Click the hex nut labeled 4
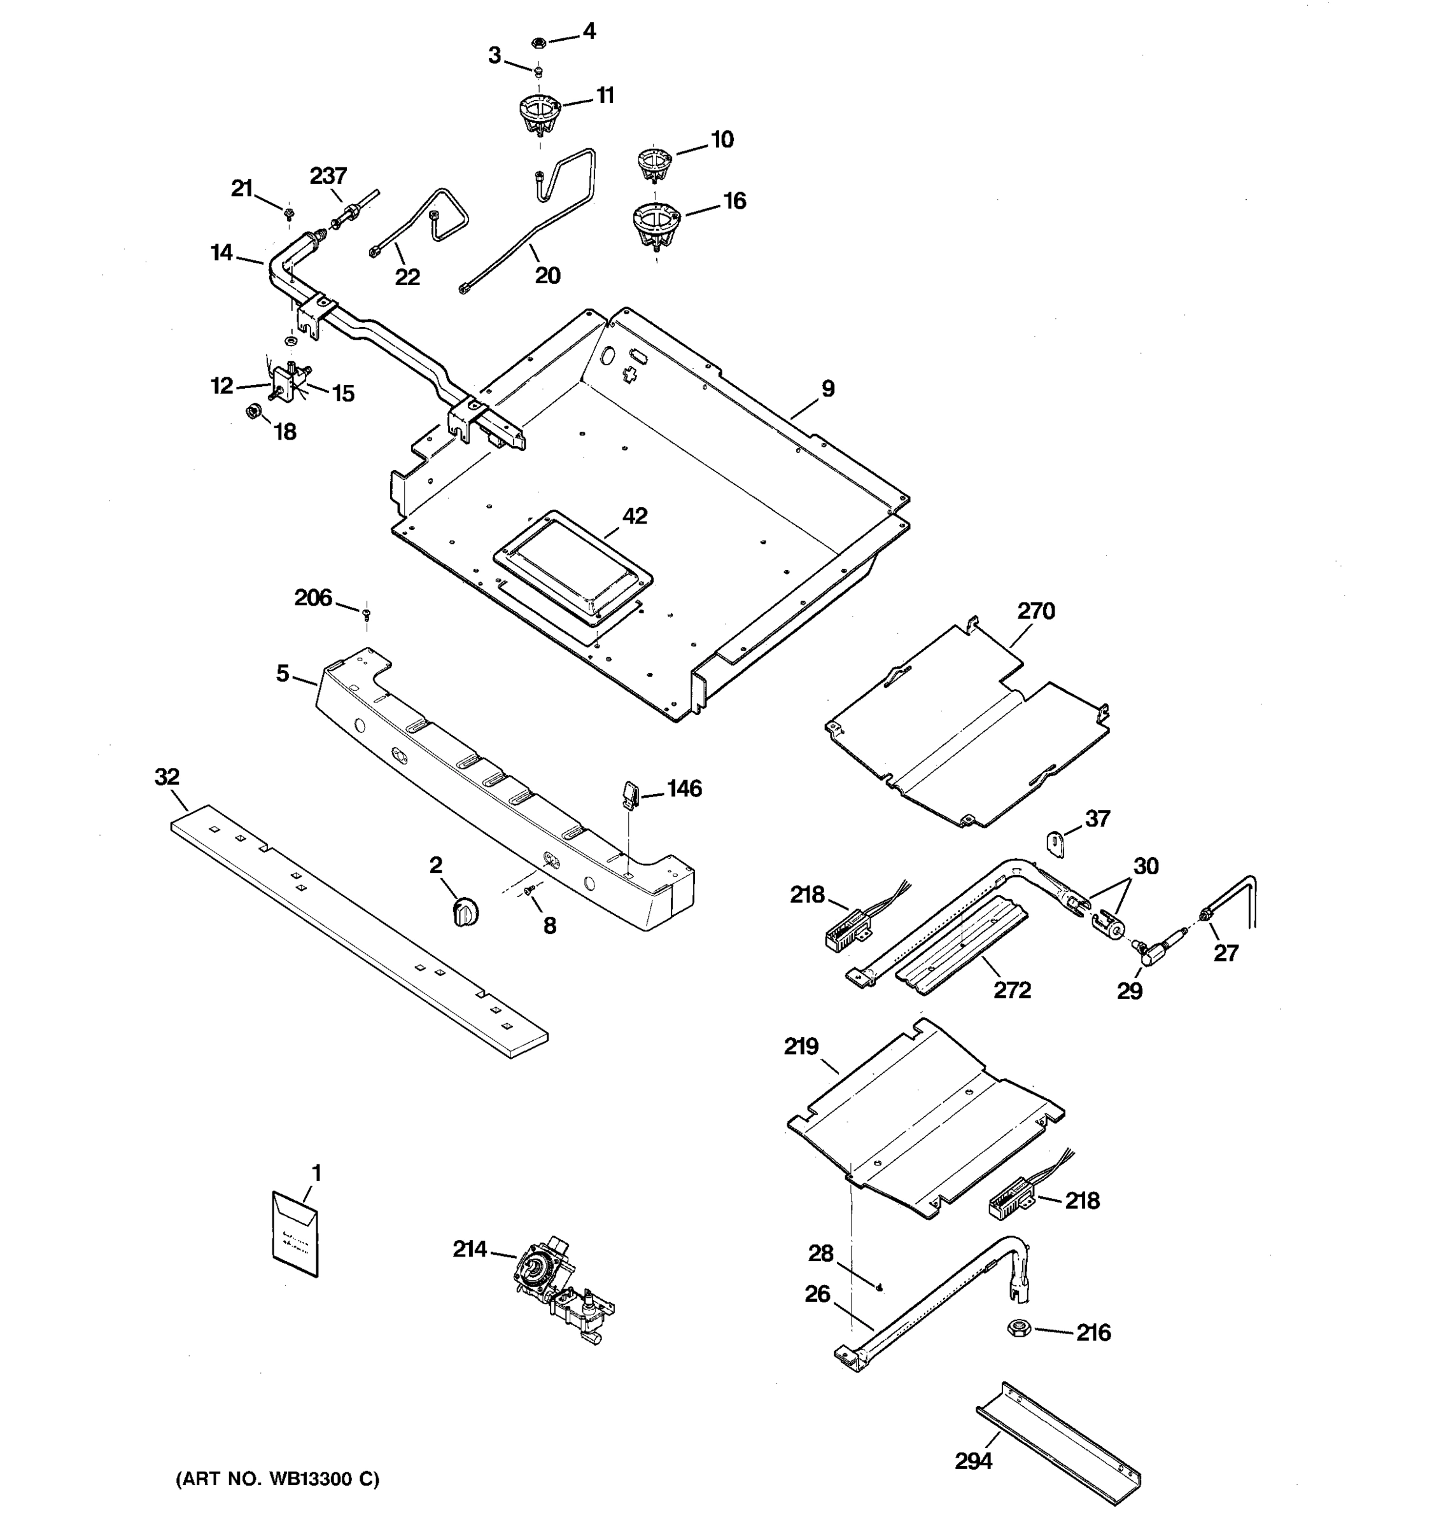[539, 41]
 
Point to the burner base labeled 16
[656, 223]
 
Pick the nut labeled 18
[251, 412]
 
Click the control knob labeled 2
[464, 912]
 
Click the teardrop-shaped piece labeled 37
[1056, 844]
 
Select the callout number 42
[635, 515]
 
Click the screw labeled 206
[367, 612]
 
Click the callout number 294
[972, 1461]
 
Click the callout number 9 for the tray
[827, 389]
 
